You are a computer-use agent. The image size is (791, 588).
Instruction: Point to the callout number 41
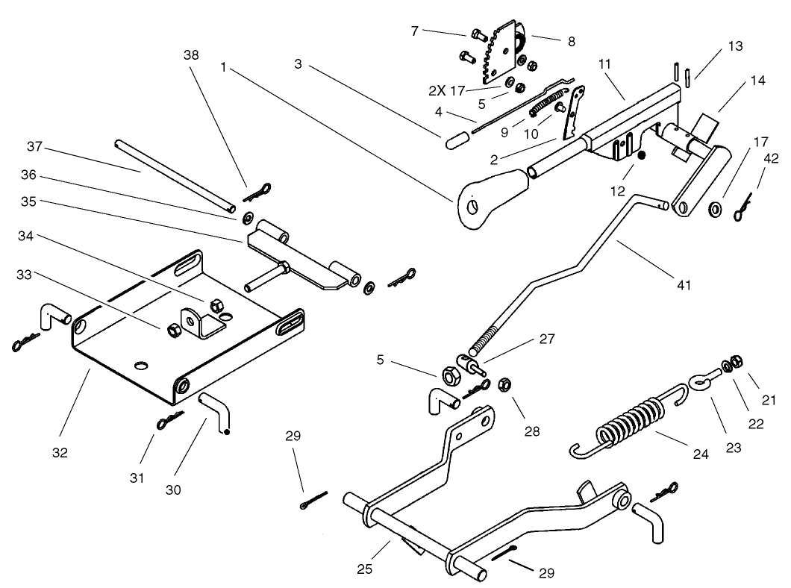coord(683,284)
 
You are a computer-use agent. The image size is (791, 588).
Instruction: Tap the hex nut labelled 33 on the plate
coord(170,328)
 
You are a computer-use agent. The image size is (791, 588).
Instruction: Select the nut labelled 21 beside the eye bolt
coord(734,360)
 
